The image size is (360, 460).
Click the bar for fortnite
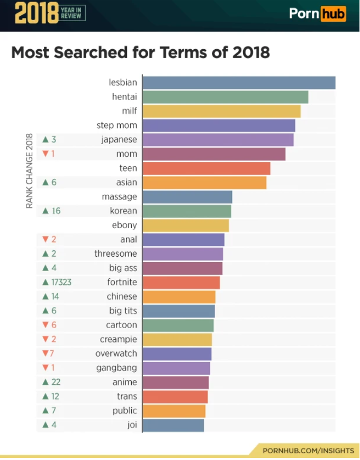click(181, 282)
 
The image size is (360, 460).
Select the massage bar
click(187, 197)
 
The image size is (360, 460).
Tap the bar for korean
click(187, 211)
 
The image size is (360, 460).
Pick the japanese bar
click(218, 140)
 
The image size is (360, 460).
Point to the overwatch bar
click(177, 354)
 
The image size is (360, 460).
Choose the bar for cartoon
click(178, 325)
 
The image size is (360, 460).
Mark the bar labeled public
click(174, 411)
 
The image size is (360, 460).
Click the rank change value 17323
click(61, 282)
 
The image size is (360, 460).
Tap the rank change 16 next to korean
click(56, 211)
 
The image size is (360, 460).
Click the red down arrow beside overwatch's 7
click(45, 354)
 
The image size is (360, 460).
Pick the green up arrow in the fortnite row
click(46, 282)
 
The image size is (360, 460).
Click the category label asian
click(127, 183)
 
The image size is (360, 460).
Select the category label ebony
click(124, 226)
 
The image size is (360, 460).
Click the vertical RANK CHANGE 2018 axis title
click(30, 170)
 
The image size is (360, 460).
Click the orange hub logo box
click(334, 13)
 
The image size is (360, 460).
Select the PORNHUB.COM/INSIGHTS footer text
click(308, 450)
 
